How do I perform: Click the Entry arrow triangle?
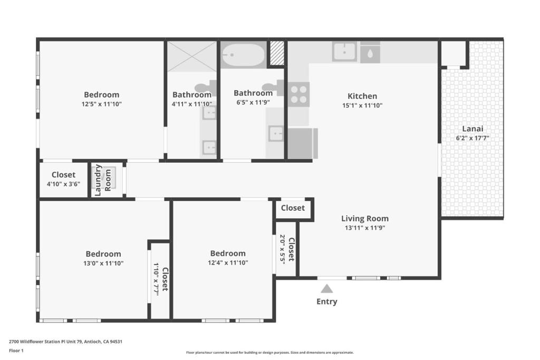click(327, 288)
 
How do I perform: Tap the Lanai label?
click(472, 129)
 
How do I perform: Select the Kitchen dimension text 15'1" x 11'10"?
click(362, 105)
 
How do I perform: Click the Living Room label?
click(365, 218)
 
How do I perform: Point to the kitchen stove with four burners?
click(298, 95)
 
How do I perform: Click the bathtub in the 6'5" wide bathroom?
click(243, 55)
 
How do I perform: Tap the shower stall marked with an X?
click(192, 56)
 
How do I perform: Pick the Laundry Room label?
click(103, 180)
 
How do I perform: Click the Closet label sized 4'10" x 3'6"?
click(63, 174)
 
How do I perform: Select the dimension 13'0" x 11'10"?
click(103, 264)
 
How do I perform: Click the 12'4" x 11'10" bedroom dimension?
click(228, 262)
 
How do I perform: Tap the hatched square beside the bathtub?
click(276, 53)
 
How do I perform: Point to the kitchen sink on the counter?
click(344, 52)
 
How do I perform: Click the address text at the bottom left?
click(65, 342)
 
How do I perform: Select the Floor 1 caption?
click(16, 351)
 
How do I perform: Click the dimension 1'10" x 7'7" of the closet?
click(156, 279)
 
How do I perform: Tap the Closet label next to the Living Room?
click(293, 208)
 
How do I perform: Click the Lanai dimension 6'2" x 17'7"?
click(472, 138)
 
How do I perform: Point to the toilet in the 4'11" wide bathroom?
click(207, 88)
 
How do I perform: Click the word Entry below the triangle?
click(327, 301)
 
